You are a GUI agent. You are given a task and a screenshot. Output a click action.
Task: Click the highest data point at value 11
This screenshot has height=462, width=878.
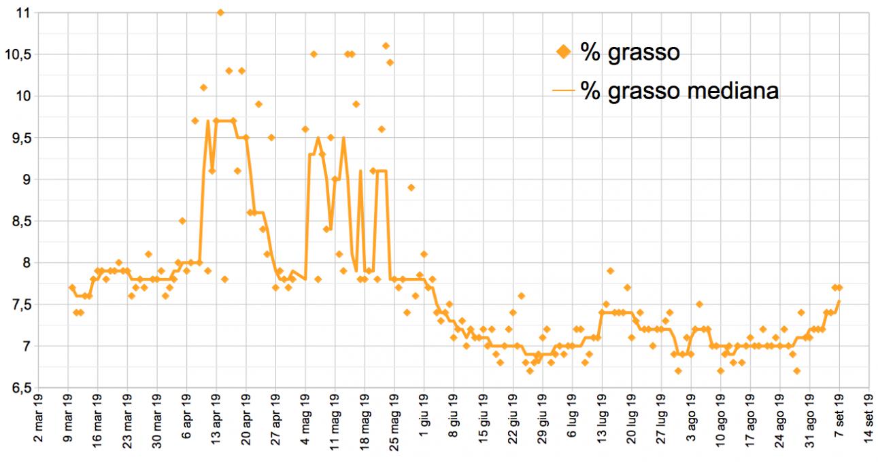pos(220,12)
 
